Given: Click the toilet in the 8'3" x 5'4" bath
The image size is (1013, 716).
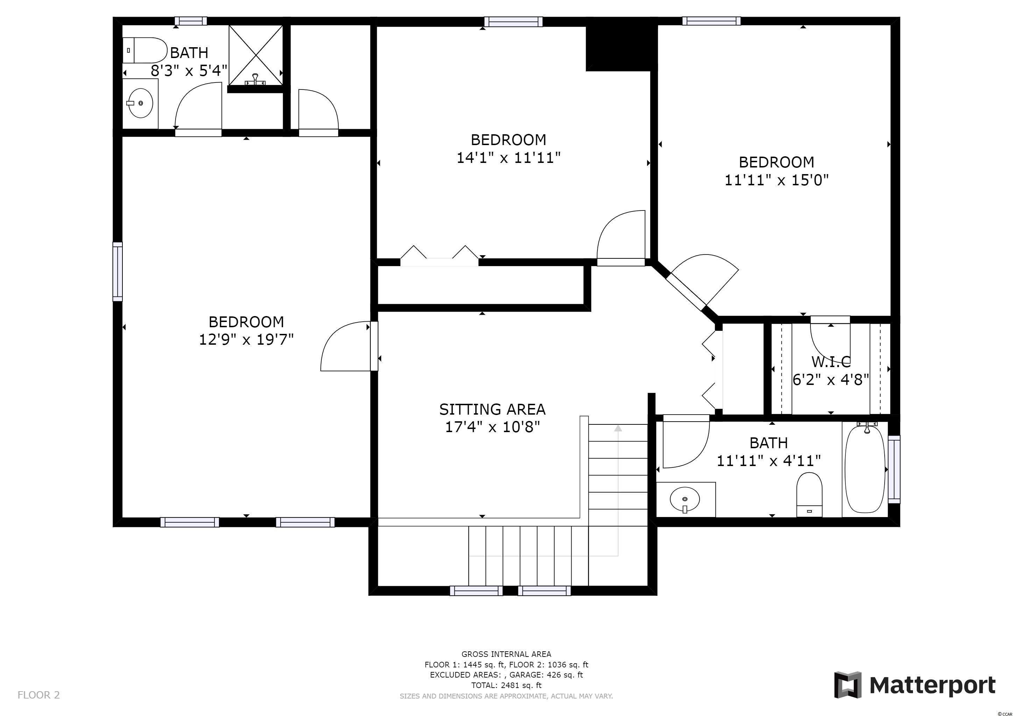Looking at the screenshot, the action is (145, 50).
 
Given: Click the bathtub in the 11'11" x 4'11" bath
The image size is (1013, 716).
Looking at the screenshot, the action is (865, 469).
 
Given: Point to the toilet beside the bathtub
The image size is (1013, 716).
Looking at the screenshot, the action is (809, 494).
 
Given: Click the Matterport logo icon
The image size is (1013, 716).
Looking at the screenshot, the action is (848, 685).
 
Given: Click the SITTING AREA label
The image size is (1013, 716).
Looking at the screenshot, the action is (493, 409).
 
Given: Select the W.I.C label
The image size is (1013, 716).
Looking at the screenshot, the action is (831, 361).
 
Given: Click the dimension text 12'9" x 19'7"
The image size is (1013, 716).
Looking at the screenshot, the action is (246, 339).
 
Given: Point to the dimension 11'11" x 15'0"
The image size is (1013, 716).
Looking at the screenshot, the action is (777, 180).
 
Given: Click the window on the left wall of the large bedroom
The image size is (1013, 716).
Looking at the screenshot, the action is (118, 272).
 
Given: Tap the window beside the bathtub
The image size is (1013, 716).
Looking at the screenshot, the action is (894, 469).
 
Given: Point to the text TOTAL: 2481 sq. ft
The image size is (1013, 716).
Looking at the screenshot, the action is (506, 685).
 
